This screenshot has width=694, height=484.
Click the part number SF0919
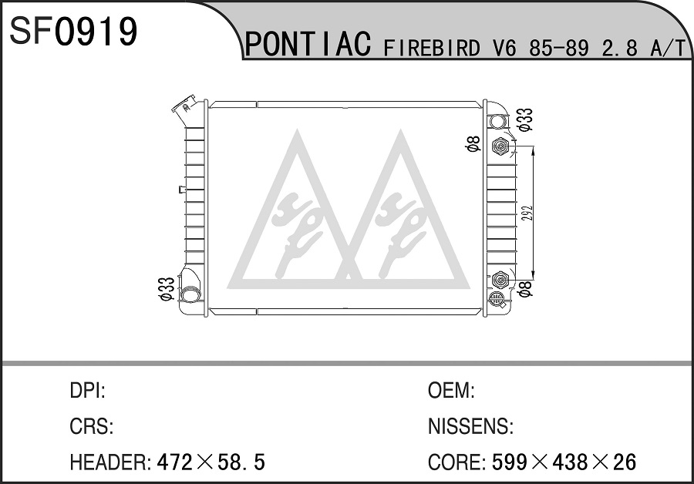[x=73, y=31]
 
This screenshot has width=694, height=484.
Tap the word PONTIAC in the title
[x=308, y=44]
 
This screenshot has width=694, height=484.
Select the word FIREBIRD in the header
[x=432, y=47]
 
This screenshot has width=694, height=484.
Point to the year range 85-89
[x=559, y=48]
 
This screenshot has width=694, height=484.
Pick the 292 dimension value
[x=525, y=213]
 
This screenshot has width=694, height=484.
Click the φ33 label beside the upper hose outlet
[x=525, y=119]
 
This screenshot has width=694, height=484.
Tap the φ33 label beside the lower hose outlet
[x=167, y=289]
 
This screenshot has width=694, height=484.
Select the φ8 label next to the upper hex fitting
[x=473, y=144]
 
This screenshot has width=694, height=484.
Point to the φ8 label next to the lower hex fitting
[x=524, y=288]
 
